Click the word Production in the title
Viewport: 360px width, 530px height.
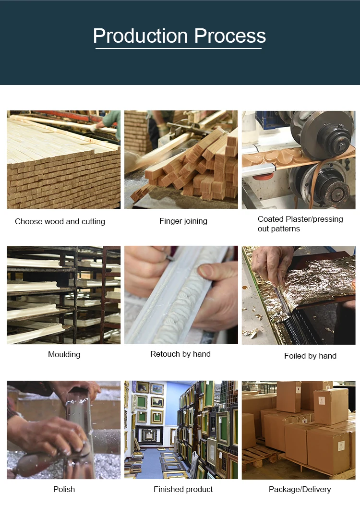[140, 36]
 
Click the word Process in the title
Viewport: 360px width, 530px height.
[230, 36]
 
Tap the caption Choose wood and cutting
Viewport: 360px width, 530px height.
[60, 221]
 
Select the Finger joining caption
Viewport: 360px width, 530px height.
[183, 221]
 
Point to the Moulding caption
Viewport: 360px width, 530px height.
[64, 355]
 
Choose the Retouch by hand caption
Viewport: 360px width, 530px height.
[180, 354]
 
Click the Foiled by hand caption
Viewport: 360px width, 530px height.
[310, 356]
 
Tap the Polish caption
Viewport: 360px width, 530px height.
[64, 489]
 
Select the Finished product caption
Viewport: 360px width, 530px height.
[183, 489]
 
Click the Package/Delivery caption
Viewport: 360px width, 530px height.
[300, 489]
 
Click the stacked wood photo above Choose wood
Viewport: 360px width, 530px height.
[63, 159]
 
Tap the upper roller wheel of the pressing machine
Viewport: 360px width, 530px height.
[323, 134]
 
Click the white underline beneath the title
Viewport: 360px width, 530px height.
[179, 48]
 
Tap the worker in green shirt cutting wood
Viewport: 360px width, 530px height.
[108, 124]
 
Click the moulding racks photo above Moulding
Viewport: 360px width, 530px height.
[63, 295]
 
